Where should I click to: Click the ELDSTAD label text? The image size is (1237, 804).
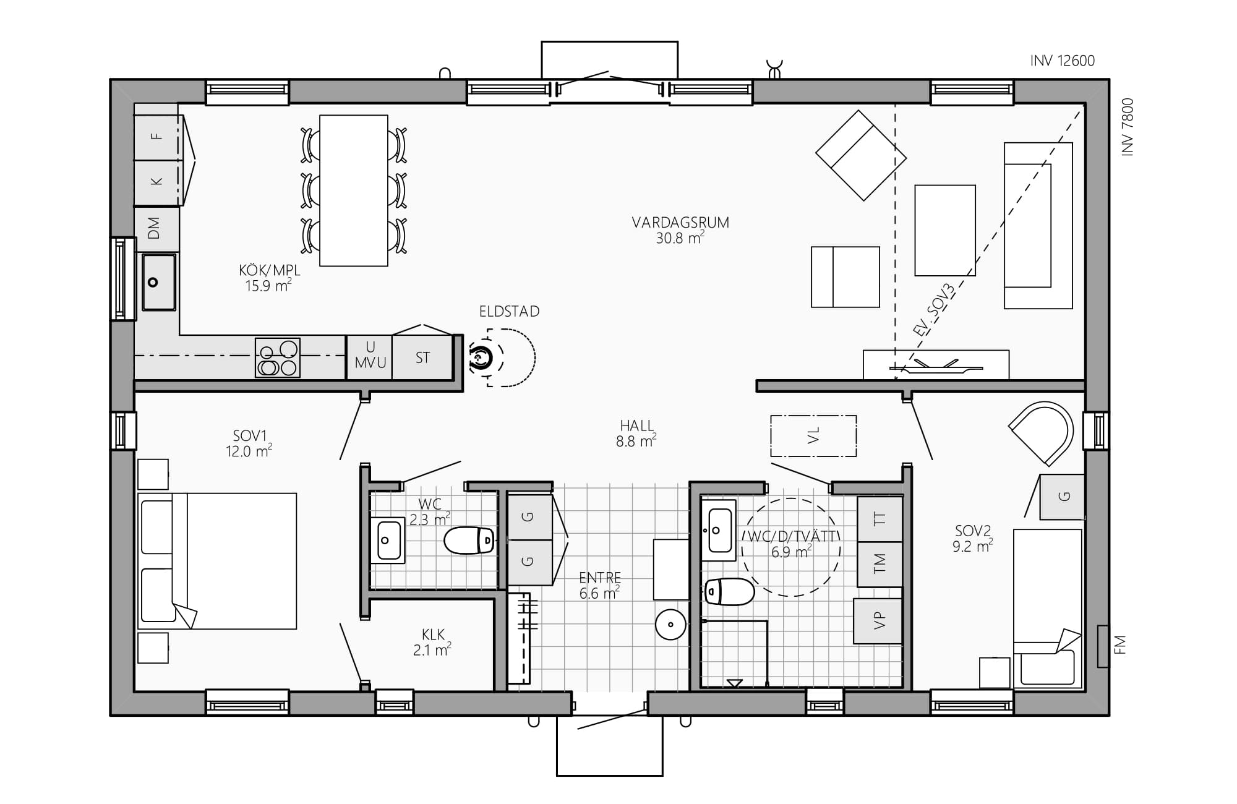click(509, 311)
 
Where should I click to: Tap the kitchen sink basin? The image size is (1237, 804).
click(159, 282)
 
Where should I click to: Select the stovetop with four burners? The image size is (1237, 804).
click(278, 357)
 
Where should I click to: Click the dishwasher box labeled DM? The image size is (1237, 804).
click(156, 228)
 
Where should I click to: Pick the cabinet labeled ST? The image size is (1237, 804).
click(422, 357)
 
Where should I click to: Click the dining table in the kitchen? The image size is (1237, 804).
click(354, 190)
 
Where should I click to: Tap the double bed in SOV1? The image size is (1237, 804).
click(217, 561)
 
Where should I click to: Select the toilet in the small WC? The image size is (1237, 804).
click(469, 541)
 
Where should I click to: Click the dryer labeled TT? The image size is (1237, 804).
click(880, 519)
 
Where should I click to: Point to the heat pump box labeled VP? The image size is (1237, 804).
click(878, 621)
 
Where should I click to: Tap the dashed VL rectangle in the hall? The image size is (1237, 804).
click(813, 436)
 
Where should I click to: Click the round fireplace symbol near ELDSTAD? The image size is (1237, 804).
click(480, 357)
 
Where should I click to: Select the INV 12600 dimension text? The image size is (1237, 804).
click(1063, 61)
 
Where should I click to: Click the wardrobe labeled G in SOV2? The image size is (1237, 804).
click(1062, 497)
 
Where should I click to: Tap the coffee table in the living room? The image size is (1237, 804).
click(945, 230)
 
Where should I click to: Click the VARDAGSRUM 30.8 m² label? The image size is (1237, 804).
click(680, 230)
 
